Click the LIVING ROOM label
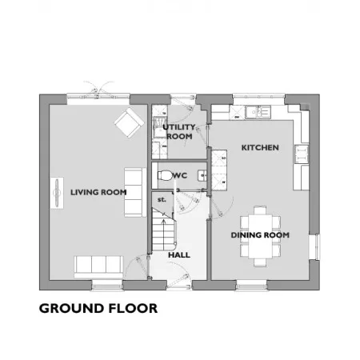tap(98, 192)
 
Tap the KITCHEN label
tap(260, 147)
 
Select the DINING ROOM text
tap(260, 235)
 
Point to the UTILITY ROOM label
tap(179, 132)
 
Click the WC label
tap(180, 175)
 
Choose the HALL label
tap(179, 255)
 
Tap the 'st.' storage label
tap(162, 199)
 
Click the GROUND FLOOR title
tap(98, 309)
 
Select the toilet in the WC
tap(165, 175)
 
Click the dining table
tap(260, 236)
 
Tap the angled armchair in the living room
tap(129, 122)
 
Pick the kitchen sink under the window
tap(258, 112)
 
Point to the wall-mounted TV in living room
tap(57, 192)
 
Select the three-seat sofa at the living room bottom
tap(98, 267)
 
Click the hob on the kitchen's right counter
tap(302, 154)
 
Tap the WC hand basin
tap(202, 176)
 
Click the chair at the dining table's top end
tap(260, 210)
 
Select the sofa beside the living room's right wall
tap(135, 192)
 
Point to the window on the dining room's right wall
tap(317, 247)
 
